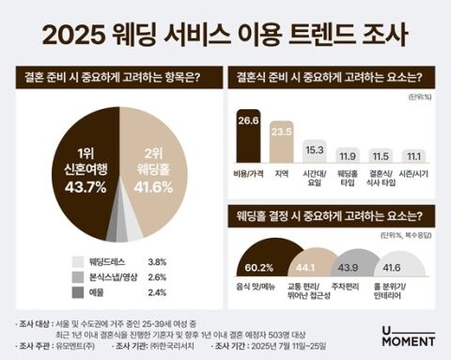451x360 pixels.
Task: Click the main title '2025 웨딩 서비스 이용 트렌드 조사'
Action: coord(225,37)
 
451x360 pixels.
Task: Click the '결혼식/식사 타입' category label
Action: coord(382,179)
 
